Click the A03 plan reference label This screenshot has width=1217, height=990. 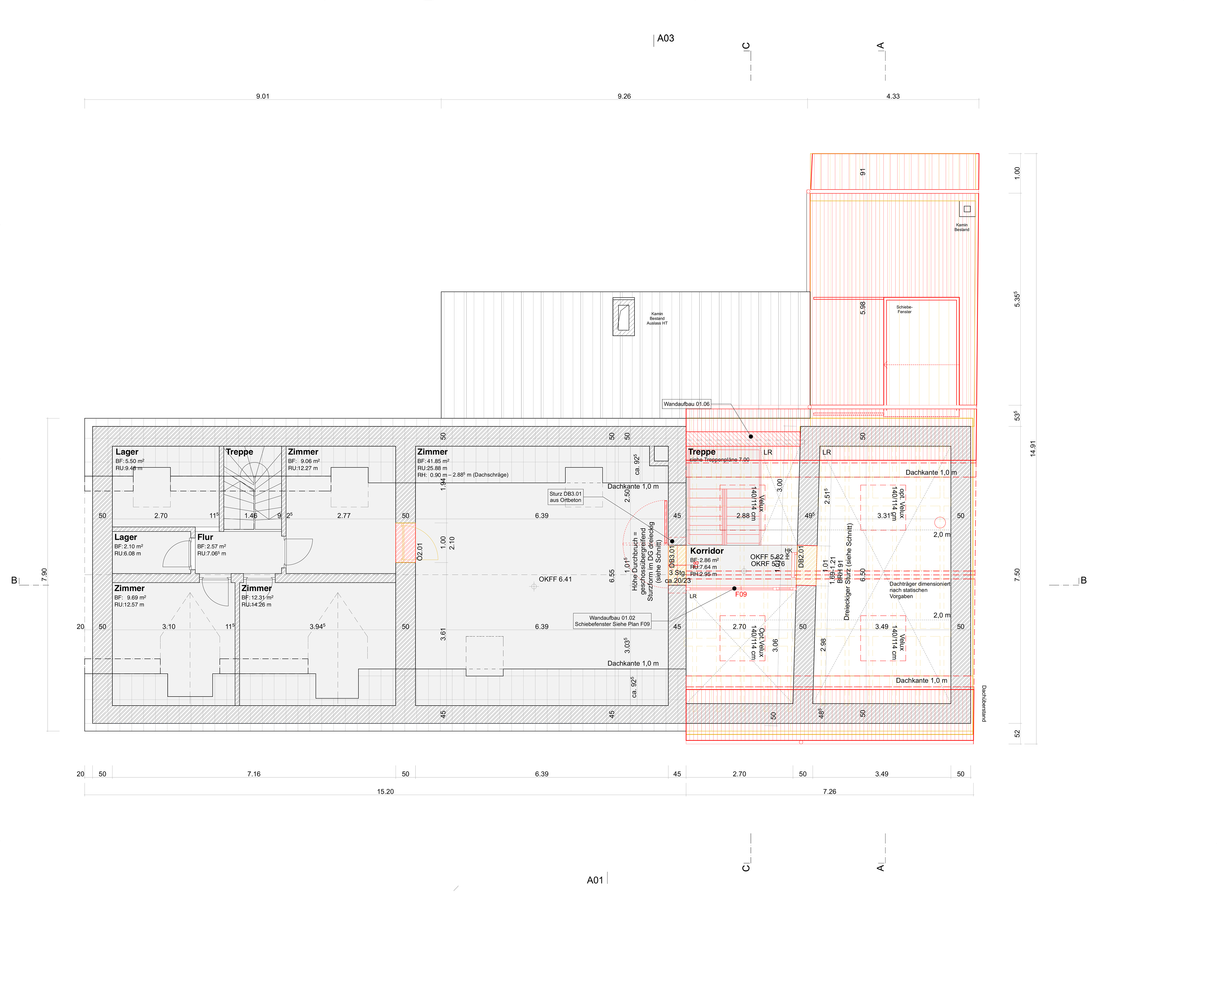click(665, 38)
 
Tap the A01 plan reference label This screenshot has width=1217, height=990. click(595, 880)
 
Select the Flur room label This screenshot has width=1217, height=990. click(205, 537)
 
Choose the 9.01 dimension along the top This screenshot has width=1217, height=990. click(262, 96)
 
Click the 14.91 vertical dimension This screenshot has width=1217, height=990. click(1032, 448)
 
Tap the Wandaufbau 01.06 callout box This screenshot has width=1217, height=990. click(686, 404)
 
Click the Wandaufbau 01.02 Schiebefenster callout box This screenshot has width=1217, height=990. click(612, 621)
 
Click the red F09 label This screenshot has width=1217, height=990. click(740, 594)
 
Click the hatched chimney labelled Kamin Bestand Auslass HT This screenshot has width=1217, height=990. click(623, 317)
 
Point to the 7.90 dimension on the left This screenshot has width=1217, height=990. click(45, 575)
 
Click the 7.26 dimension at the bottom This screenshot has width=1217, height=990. click(829, 792)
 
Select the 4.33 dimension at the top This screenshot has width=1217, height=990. click(893, 96)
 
